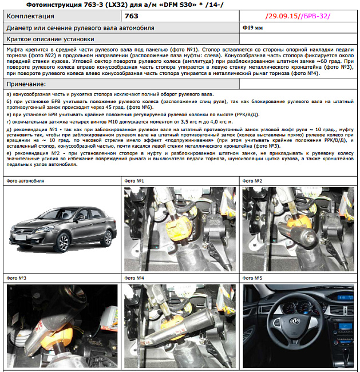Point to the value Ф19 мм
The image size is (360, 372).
[252, 27]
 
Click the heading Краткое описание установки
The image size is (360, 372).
[50, 39]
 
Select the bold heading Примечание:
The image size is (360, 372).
[29, 84]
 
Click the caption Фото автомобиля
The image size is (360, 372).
[26, 181]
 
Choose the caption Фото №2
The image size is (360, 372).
[252, 181]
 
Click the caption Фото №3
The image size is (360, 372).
[17, 278]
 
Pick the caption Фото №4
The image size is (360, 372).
[135, 278]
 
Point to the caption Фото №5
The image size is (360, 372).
[252, 278]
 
